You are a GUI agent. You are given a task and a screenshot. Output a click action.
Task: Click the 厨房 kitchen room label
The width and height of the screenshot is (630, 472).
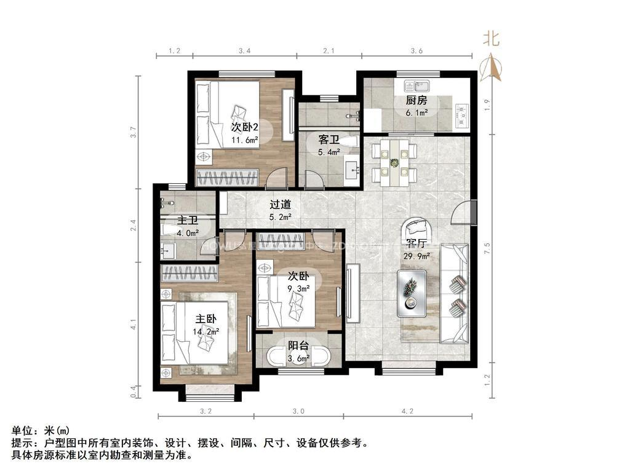[x=416, y=101]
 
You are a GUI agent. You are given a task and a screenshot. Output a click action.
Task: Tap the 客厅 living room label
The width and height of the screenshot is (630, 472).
[x=429, y=244]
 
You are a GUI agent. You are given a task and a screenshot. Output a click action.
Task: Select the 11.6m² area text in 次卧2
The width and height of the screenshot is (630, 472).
[x=244, y=140]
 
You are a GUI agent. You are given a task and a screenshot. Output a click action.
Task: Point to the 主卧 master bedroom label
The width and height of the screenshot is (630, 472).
[x=206, y=319]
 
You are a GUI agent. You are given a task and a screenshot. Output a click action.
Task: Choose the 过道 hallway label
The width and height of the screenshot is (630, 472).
[x=280, y=205]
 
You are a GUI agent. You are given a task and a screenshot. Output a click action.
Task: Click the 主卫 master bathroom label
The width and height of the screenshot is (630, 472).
[x=188, y=221]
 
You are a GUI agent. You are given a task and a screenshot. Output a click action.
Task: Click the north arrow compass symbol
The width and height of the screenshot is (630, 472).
[x=491, y=68]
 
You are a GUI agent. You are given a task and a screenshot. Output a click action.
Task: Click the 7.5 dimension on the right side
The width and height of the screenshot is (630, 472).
[x=487, y=248]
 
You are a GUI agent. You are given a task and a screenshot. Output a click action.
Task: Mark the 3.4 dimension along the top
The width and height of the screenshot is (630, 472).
[x=244, y=51]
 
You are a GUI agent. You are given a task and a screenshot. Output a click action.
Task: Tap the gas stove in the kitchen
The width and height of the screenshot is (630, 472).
[x=461, y=114]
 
